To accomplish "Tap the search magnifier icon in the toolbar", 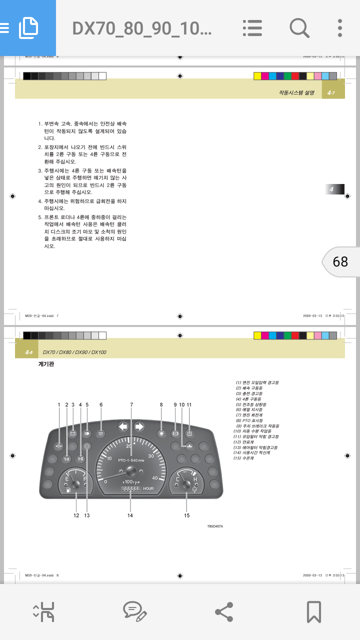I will pyautogui.click(x=299, y=28).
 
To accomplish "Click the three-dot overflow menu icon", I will pyautogui.click(x=340, y=28).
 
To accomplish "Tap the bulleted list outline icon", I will pyautogui.click(x=252, y=28).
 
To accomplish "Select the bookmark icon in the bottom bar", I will pyautogui.click(x=313, y=611).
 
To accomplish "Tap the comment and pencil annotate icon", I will pyautogui.click(x=134, y=611).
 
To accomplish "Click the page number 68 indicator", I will pyautogui.click(x=340, y=261).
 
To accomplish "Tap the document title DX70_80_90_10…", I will pyautogui.click(x=142, y=28).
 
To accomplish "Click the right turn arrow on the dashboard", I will pyautogui.click(x=139, y=426).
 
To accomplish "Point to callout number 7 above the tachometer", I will pyautogui.click(x=131, y=404).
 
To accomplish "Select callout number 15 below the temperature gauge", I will pyautogui.click(x=187, y=515).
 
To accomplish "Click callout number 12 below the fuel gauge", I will pyautogui.click(x=76, y=515).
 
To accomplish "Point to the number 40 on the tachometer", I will pyautogui.click(x=155, y=478).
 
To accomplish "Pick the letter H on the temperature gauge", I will pyautogui.click(x=195, y=479).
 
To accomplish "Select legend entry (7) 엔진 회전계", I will pyautogui.click(x=249, y=415).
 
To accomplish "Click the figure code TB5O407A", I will pyautogui.click(x=215, y=526).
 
